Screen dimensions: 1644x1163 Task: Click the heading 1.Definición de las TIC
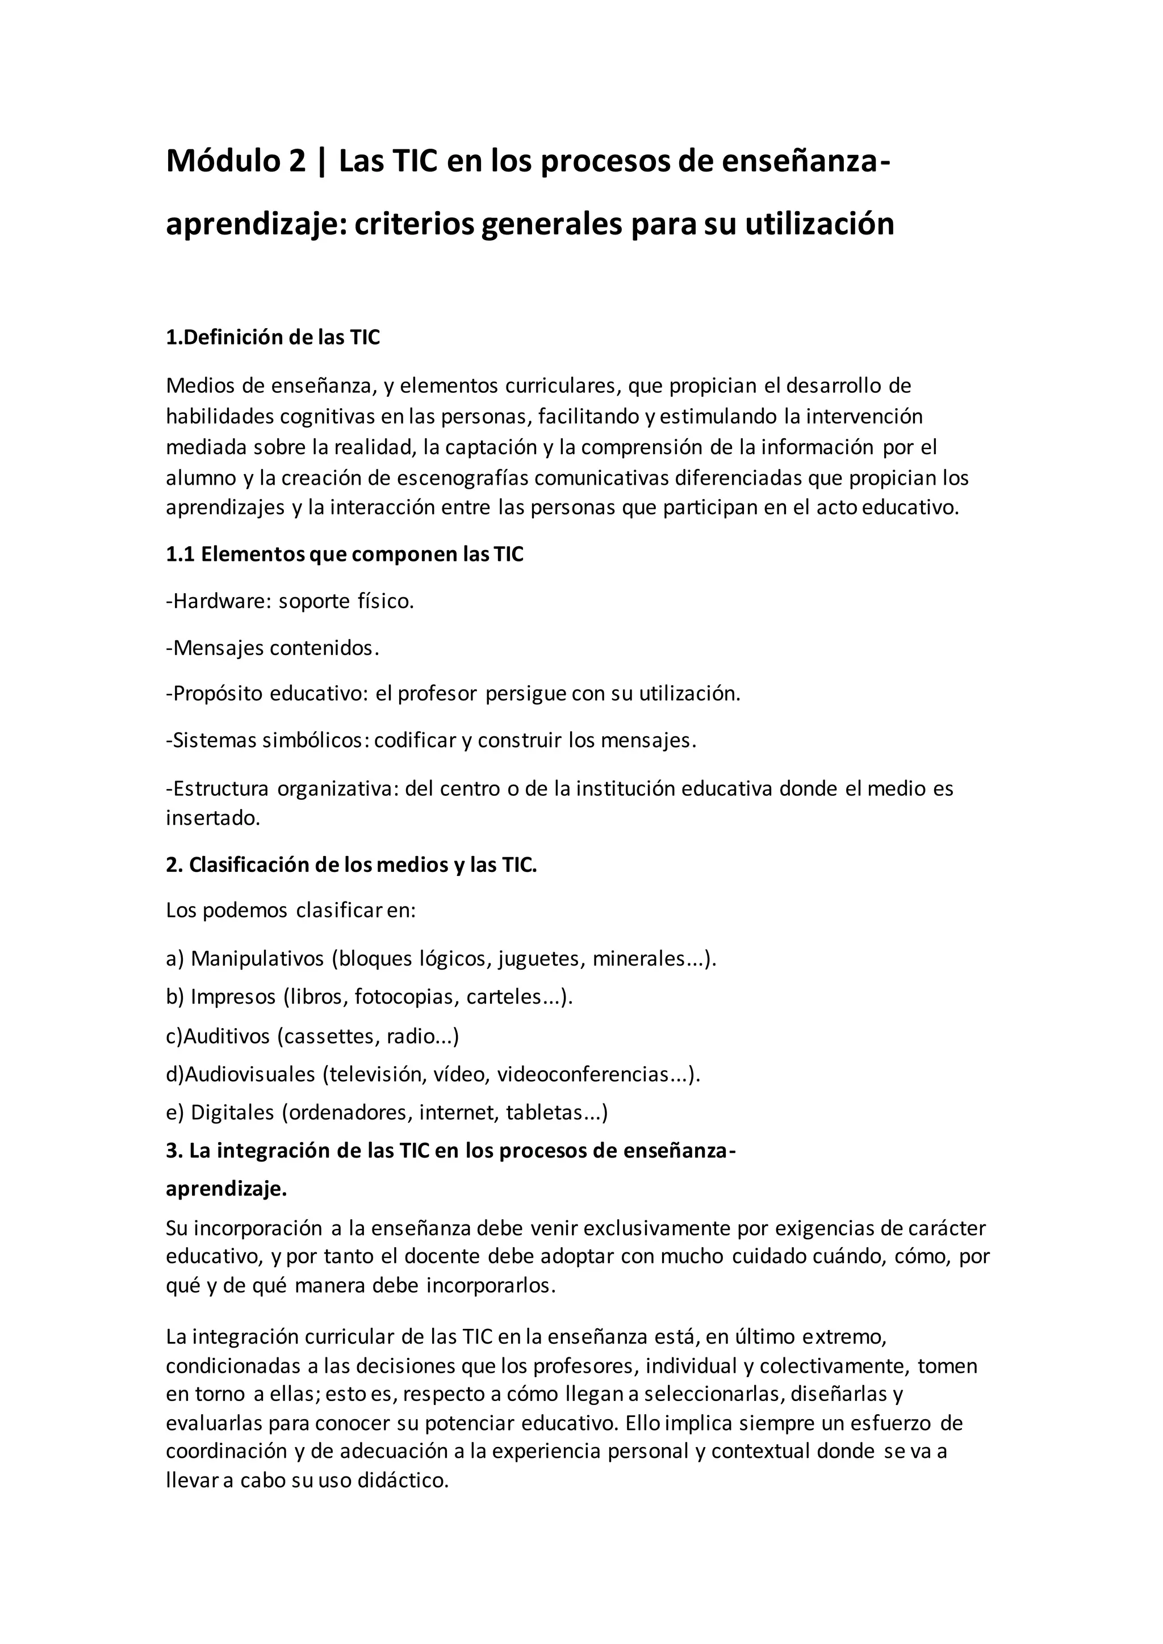(273, 338)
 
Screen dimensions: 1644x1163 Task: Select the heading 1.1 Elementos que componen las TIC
(345, 555)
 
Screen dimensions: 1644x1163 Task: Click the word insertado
(213, 819)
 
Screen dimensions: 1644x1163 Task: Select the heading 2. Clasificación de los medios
(351, 865)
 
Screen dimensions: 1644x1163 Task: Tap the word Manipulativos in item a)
(257, 959)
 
